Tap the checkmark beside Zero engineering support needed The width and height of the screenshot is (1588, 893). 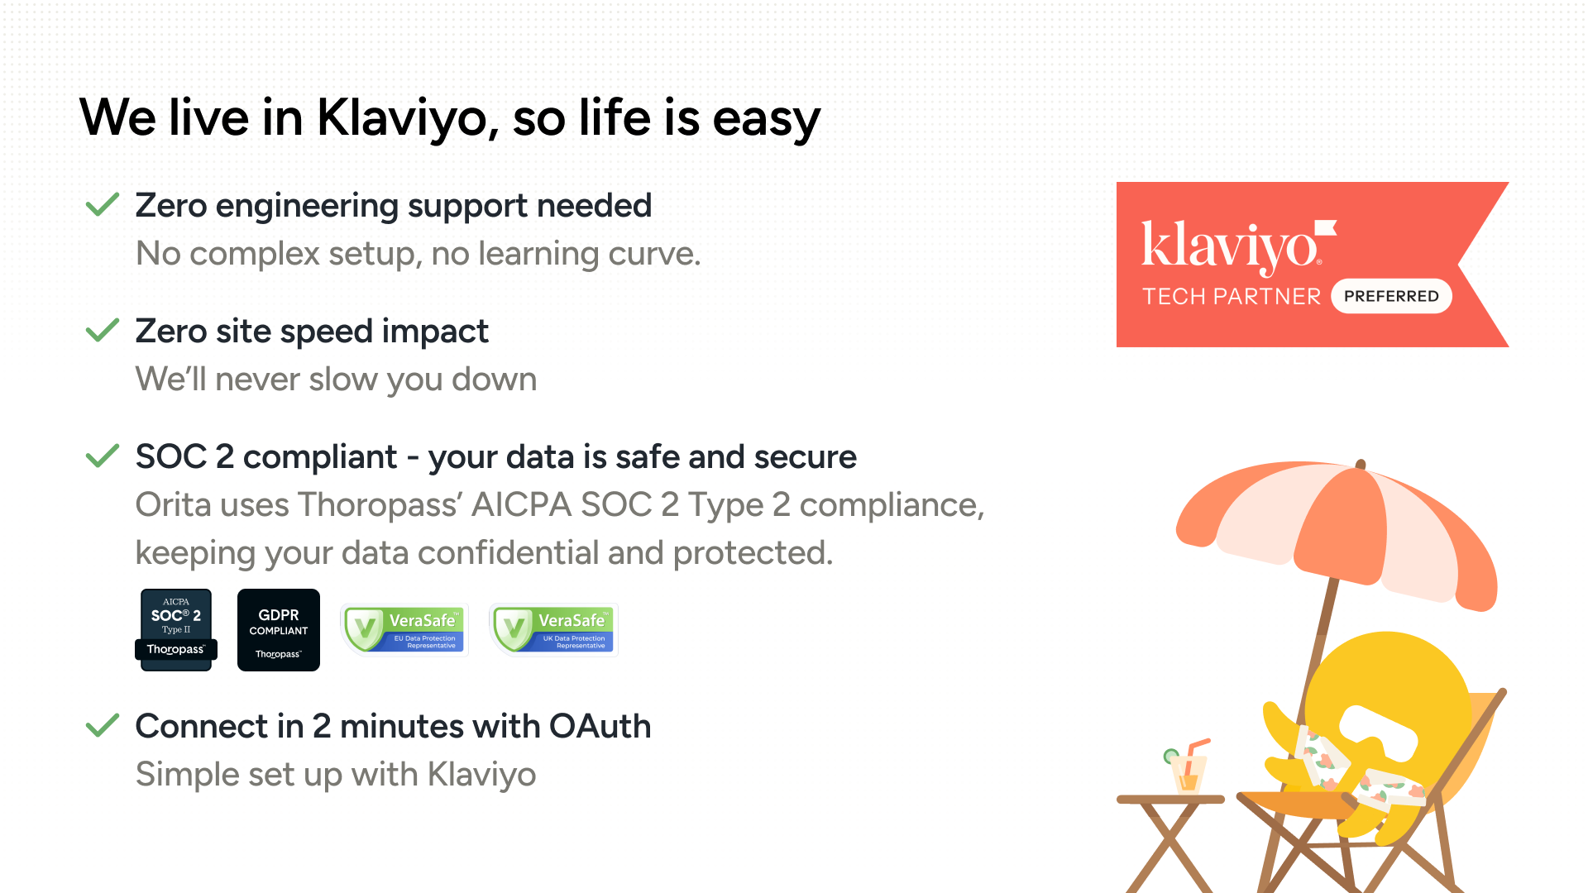pos(103,204)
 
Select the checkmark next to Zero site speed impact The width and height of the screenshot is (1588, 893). pos(103,330)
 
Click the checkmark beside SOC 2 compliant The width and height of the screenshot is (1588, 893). pos(103,456)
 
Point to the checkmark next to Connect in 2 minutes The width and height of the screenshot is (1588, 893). pos(103,725)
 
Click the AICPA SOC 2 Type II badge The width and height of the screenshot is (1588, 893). pos(176,629)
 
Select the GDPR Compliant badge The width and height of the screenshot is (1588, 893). pos(279,629)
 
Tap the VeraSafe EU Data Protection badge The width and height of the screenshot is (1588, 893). pos(404,630)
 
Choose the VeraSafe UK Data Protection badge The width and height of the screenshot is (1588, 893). pos(553,630)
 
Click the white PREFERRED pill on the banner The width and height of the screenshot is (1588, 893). pos(1391,296)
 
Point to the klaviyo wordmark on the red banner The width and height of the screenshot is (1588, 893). pos(1238,246)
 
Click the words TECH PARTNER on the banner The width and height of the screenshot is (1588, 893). pos(1232,296)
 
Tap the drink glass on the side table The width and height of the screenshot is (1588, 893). pos(1189,768)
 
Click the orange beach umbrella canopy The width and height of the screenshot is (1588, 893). pos(1340,529)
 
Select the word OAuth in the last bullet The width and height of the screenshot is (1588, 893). pos(600,726)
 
